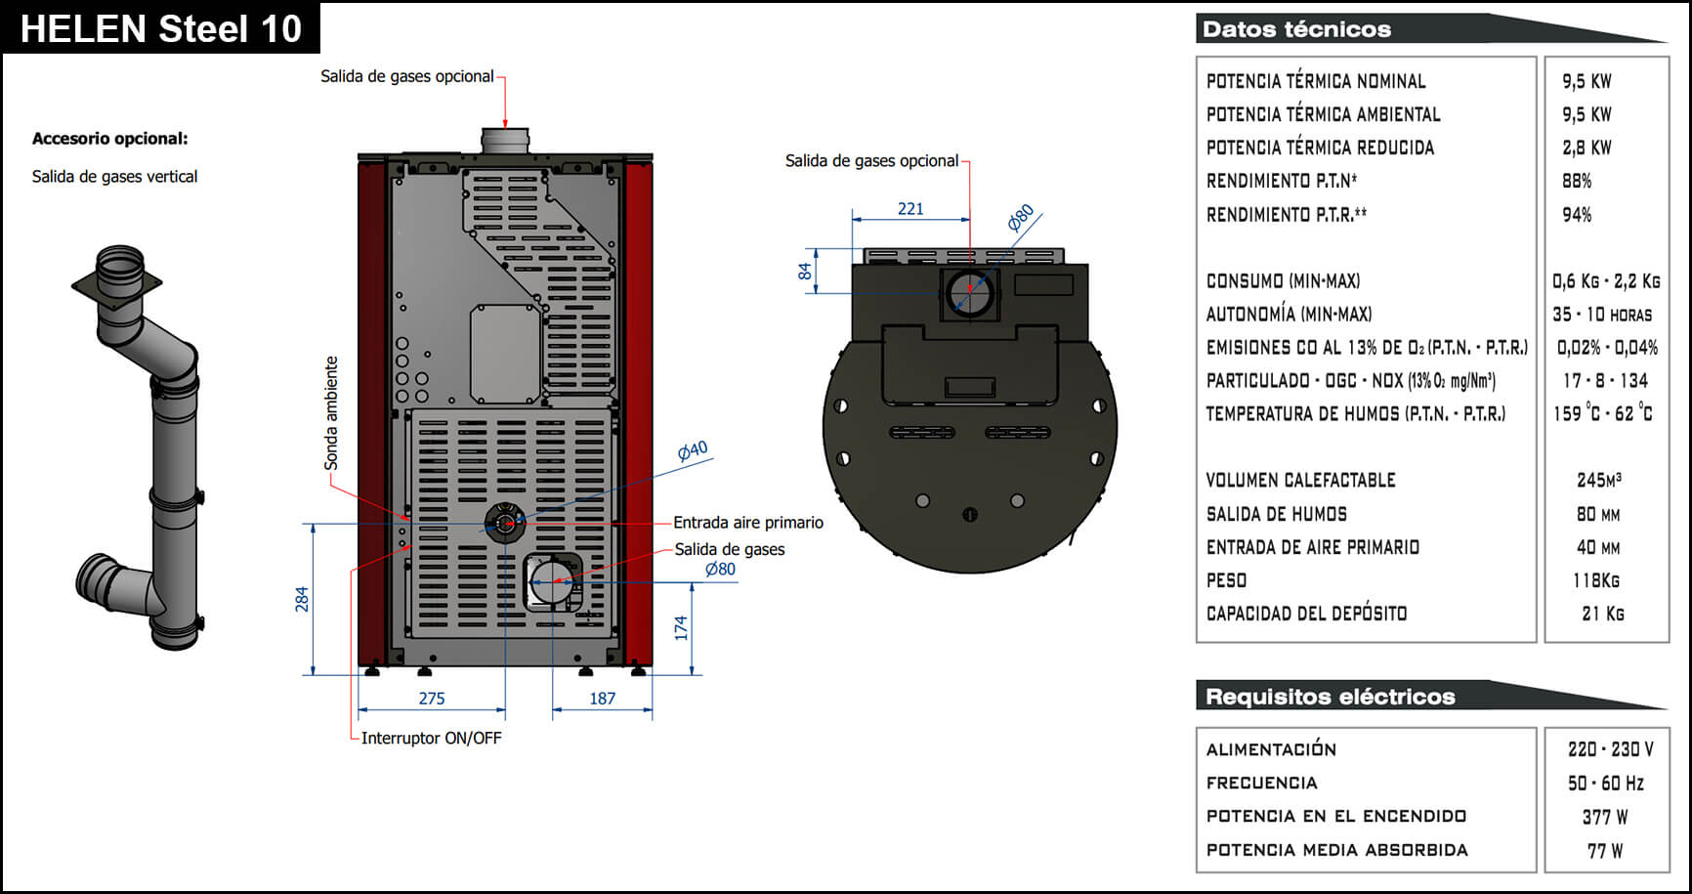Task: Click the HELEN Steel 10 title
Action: pos(161,28)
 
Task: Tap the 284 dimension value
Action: pos(302,599)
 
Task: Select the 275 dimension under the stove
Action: pos(432,699)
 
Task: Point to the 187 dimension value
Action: pos(603,699)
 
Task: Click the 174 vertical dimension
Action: pos(681,628)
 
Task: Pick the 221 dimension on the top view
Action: pos(910,208)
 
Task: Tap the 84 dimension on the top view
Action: pos(805,271)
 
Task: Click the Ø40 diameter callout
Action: pos(693,451)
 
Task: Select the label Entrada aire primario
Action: pos(748,523)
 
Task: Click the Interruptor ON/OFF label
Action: pos(432,738)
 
